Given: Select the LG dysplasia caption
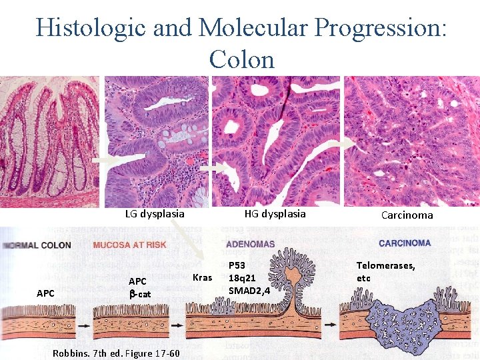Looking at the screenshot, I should coord(155,214).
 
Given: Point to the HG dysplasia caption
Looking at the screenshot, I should coord(275,213).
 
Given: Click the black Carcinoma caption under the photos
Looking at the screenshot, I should coord(407,215).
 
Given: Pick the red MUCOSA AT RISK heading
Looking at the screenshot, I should coord(129,245).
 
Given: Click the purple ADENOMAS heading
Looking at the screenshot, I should coord(250,244).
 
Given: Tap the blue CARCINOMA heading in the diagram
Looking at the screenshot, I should coord(404,243).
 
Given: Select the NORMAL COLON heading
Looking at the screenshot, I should coord(37,245).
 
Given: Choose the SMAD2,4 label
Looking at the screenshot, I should coord(249,291).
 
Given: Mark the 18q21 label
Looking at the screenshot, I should coord(241,278).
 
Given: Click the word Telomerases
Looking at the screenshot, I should coord(385,265).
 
